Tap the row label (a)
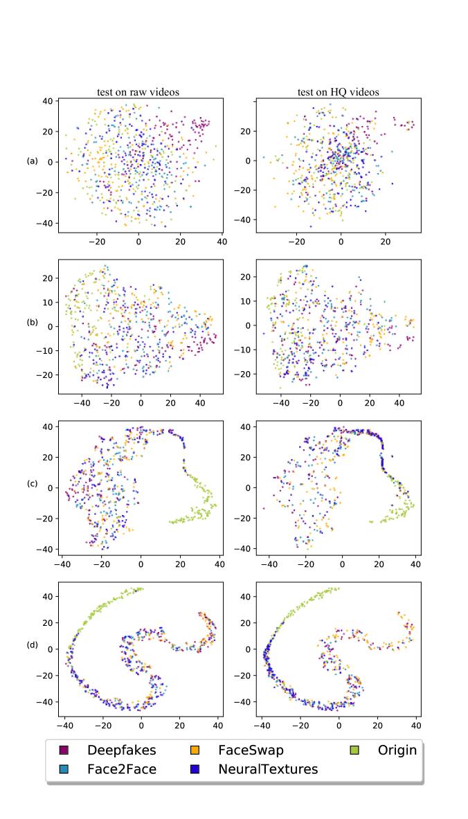(x=33, y=161)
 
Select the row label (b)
(x=33, y=323)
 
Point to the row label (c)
(x=33, y=484)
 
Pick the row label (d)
(x=33, y=645)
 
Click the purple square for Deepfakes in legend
(x=64, y=750)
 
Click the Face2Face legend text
(x=121, y=769)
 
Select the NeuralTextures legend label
(x=268, y=769)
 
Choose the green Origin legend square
(x=355, y=750)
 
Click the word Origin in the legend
(x=397, y=750)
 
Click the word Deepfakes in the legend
(x=121, y=750)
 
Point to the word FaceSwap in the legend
(x=251, y=750)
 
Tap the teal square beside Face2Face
(x=64, y=769)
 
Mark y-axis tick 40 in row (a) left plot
(x=48, y=101)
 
